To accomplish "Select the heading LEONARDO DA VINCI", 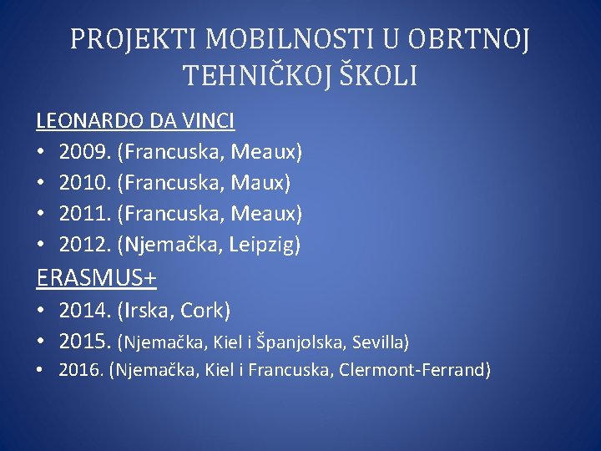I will (x=135, y=121).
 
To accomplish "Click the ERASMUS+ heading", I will (x=97, y=276).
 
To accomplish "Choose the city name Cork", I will (x=206, y=311).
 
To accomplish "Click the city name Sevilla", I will (x=379, y=342).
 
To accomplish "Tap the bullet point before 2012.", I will (x=41, y=245).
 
